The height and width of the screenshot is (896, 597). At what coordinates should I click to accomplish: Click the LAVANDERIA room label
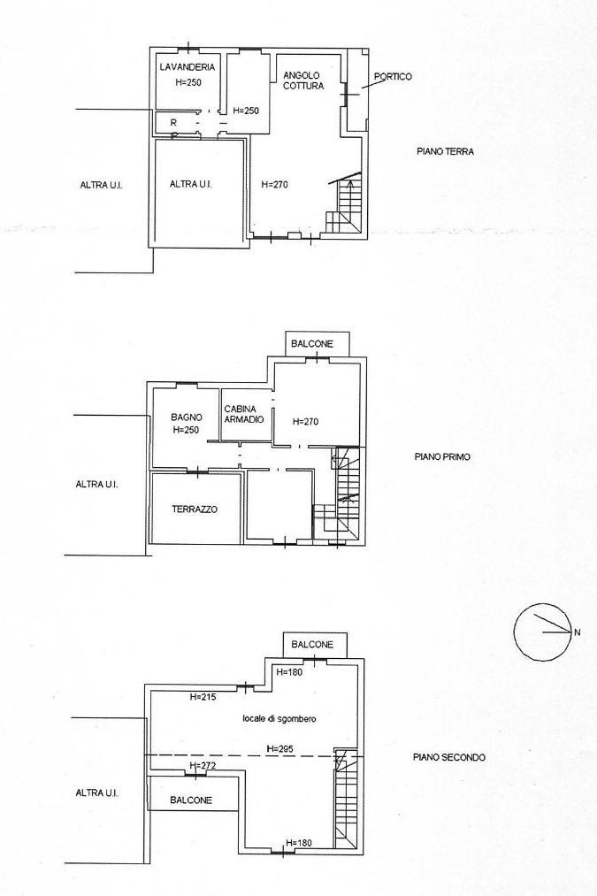pos(188,67)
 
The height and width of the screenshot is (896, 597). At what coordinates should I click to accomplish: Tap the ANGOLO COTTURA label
pos(302,80)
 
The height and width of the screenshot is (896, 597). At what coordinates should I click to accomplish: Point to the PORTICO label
pos(393,76)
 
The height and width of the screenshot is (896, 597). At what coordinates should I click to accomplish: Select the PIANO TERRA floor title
pos(445,151)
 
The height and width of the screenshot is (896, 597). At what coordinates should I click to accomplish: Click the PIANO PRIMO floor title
pos(442,456)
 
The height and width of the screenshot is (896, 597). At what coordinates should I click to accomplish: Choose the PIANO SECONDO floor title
pos(449,757)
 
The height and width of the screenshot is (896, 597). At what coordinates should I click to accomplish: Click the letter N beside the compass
pos(577,632)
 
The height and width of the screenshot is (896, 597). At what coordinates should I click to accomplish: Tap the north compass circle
pos(541,632)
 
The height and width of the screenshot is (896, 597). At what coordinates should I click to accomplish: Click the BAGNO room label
pos(187,417)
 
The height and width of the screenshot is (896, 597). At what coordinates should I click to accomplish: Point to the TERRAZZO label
pos(195,509)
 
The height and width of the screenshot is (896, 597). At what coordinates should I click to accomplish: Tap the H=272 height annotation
pos(203,765)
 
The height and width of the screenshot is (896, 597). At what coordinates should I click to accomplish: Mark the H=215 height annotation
pos(203,697)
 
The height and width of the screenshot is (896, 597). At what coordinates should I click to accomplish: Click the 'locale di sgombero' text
pos(279,718)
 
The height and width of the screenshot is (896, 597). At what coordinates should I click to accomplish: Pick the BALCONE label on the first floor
pos(311,343)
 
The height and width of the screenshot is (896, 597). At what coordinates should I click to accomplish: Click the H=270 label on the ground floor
pos(274,184)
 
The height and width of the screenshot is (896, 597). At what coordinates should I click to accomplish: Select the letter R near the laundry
pos(173,122)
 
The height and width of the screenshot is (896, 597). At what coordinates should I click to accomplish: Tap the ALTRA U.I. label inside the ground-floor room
pos(191,184)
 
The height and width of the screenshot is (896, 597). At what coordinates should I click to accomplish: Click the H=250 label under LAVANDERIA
pos(188,81)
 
